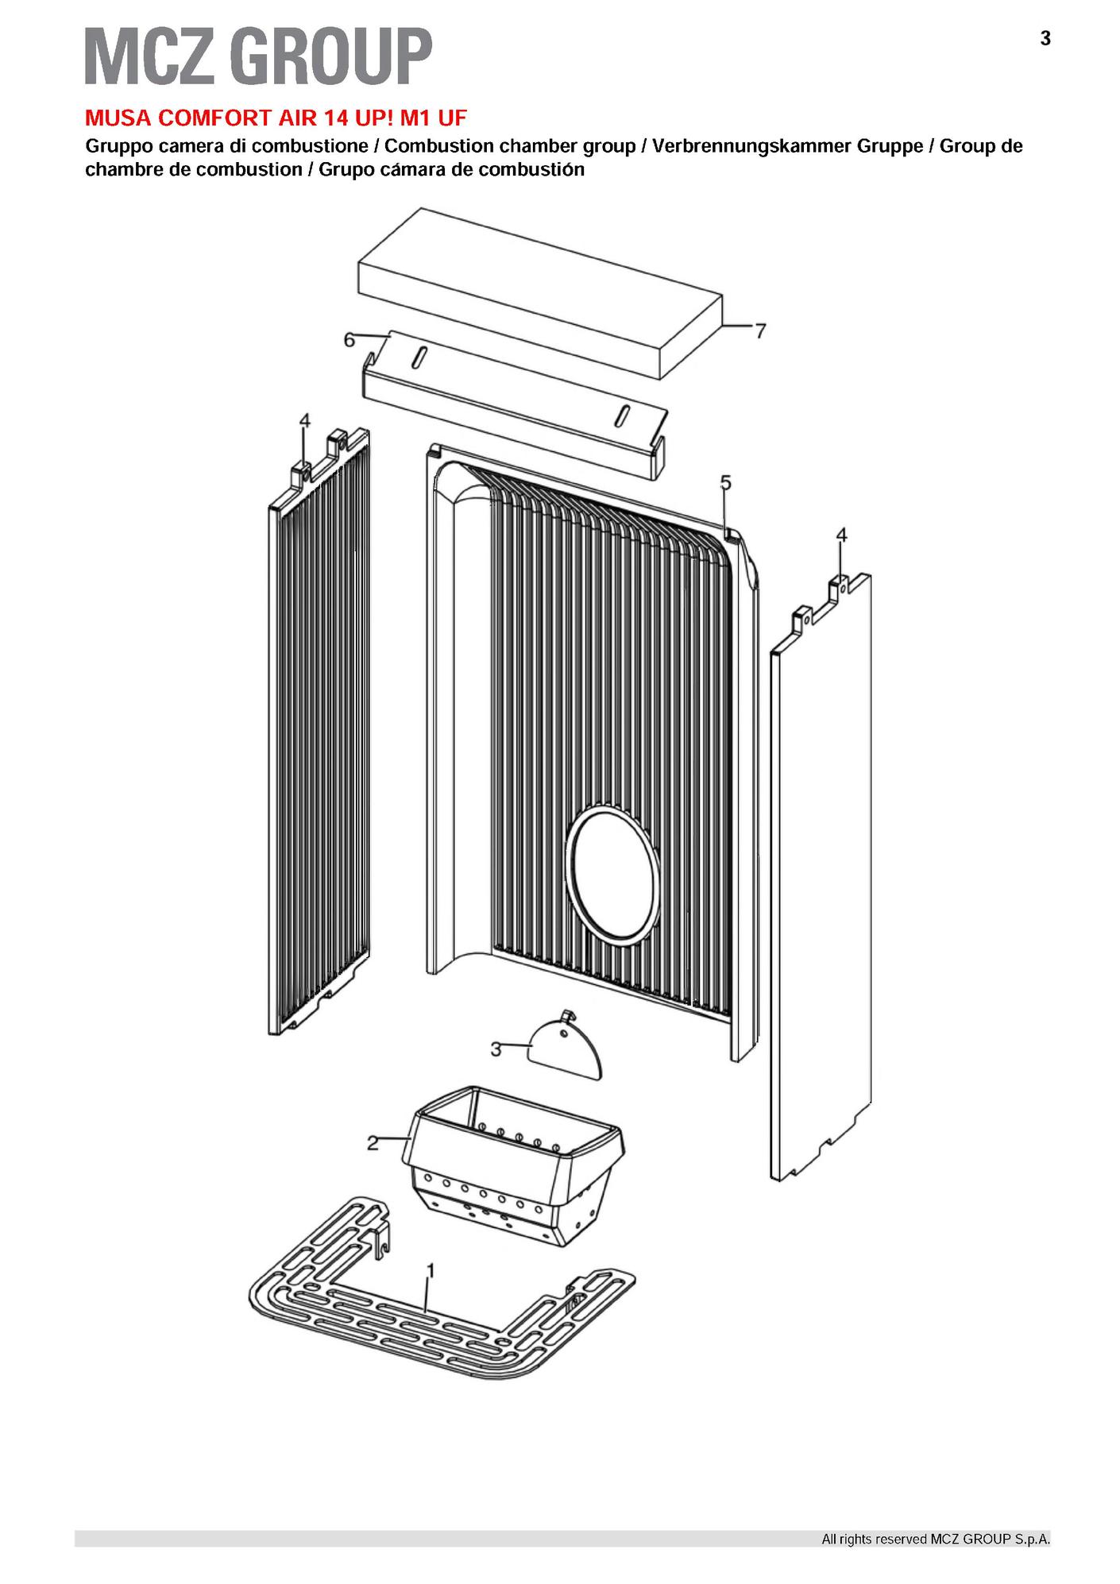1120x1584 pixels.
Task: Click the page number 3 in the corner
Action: pyautogui.click(x=1045, y=38)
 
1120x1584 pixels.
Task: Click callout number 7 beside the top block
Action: pyautogui.click(x=760, y=330)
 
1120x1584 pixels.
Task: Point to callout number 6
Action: pyautogui.click(x=349, y=340)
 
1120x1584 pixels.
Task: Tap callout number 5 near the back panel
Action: pyautogui.click(x=725, y=482)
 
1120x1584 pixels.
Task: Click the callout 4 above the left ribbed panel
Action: pyautogui.click(x=305, y=420)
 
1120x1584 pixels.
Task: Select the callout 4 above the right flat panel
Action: pyautogui.click(x=842, y=535)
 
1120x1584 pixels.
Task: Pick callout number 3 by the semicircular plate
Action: pyautogui.click(x=496, y=1049)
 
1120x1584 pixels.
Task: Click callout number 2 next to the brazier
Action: pyautogui.click(x=372, y=1143)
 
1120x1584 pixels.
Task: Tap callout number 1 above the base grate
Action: pyautogui.click(x=430, y=1271)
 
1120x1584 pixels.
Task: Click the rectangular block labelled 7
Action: pyautogui.click(x=541, y=293)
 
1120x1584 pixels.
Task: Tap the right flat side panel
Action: pyautogui.click(x=821, y=874)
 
